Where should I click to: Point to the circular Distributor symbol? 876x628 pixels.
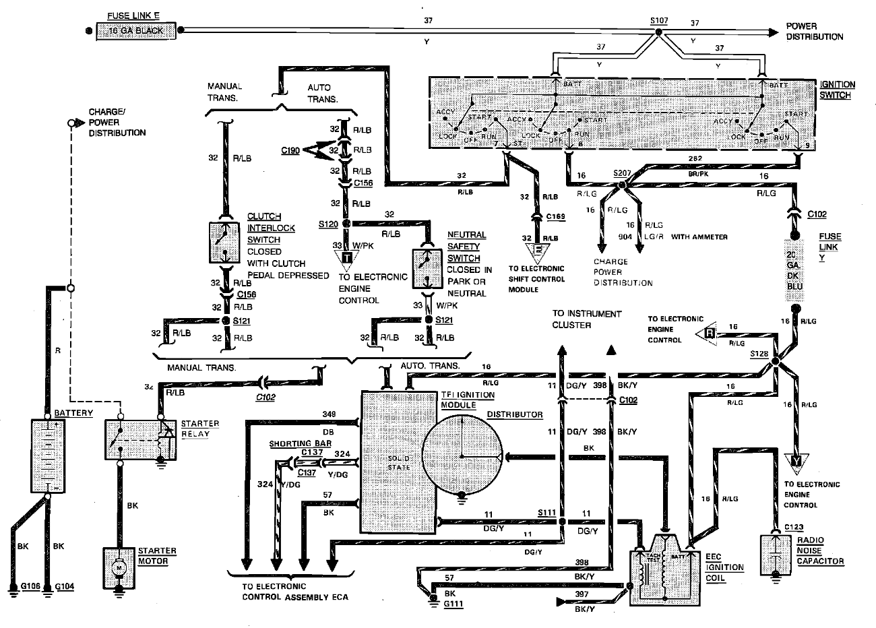[x=462, y=456]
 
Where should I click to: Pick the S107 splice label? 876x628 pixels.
[x=659, y=21]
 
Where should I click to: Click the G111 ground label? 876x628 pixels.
[x=454, y=604]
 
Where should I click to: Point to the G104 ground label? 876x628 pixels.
[x=65, y=586]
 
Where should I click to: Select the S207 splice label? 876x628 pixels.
[x=622, y=173]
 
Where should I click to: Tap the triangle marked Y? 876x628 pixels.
[x=796, y=462]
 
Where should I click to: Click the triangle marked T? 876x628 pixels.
[x=346, y=257]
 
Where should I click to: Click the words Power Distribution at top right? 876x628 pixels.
[x=814, y=32]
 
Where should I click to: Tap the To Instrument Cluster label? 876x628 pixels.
[x=587, y=319]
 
